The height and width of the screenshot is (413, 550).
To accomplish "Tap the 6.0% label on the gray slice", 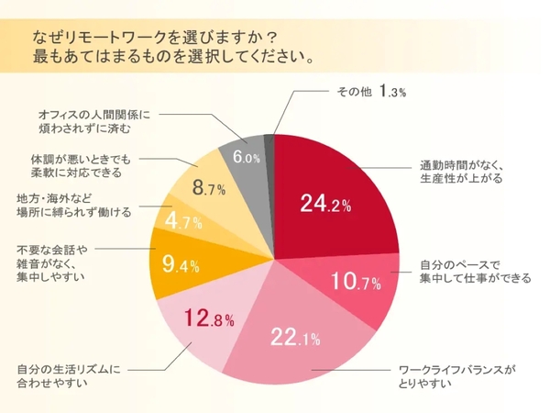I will click(247, 157).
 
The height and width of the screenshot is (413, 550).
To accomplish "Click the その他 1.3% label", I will click(366, 92).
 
